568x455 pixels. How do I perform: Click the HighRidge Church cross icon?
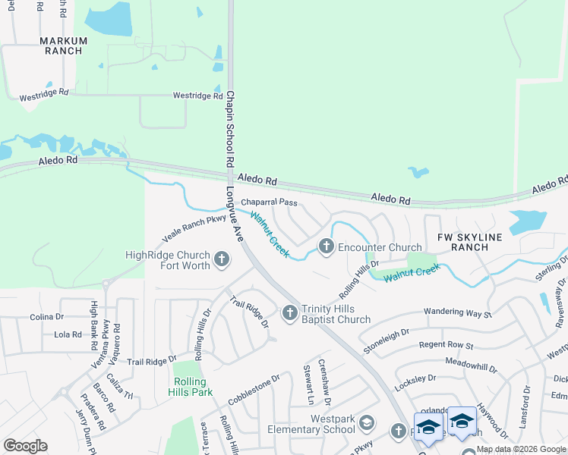point(222,260)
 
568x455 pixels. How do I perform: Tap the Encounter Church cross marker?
point(327,246)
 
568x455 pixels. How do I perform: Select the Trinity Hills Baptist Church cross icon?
point(289,312)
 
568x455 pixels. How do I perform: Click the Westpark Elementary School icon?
point(367,422)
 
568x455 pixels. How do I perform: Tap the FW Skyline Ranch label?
point(470,242)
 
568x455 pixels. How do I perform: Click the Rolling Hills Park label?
point(189,387)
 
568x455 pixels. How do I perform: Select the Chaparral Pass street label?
point(269,203)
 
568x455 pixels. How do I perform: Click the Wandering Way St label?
point(458,312)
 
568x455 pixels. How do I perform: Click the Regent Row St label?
point(447,346)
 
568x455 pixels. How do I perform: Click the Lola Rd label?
point(68,334)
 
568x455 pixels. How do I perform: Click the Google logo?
point(25,446)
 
